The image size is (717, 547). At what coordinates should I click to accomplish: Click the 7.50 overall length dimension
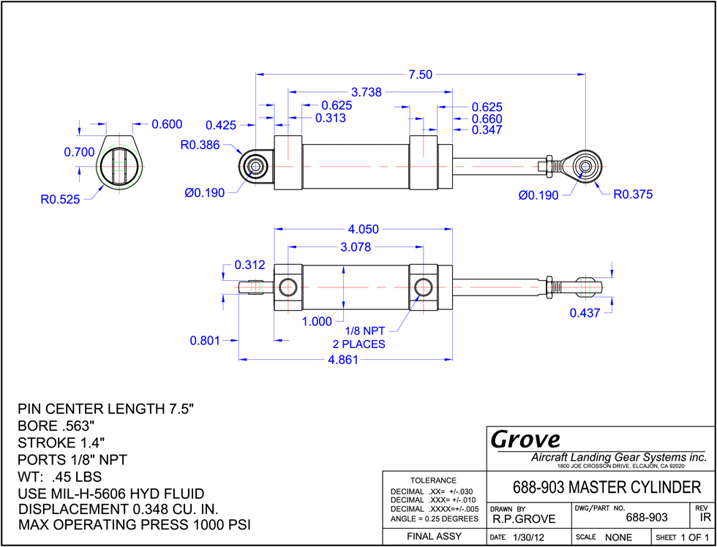(x=420, y=75)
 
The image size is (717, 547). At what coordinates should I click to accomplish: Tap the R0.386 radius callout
(x=200, y=146)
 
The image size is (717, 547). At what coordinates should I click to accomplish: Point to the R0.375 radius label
(x=633, y=195)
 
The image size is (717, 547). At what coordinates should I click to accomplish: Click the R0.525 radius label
(x=60, y=200)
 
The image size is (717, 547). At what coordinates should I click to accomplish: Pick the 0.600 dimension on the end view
(x=166, y=124)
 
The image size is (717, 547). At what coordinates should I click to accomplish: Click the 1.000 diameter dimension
(x=317, y=322)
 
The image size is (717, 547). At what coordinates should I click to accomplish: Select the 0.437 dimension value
(x=585, y=313)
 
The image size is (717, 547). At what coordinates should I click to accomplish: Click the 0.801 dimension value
(x=206, y=341)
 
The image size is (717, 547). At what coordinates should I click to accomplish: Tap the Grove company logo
(x=525, y=440)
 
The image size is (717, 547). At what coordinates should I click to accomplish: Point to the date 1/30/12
(x=528, y=537)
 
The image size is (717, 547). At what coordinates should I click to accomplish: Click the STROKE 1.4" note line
(x=61, y=442)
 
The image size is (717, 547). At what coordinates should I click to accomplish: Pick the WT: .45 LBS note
(x=59, y=477)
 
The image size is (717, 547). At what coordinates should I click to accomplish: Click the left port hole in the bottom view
(x=288, y=287)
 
